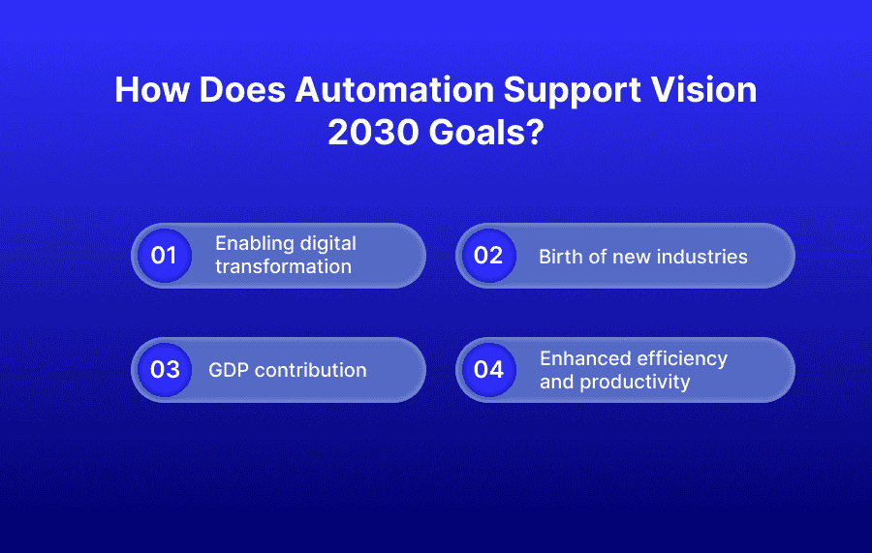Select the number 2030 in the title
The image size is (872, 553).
(x=373, y=133)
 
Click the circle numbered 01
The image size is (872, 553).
(x=164, y=256)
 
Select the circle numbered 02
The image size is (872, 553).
(x=488, y=256)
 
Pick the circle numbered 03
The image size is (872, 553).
(x=164, y=369)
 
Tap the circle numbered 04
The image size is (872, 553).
(x=488, y=369)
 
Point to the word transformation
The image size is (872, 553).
(x=283, y=266)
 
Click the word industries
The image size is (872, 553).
(x=701, y=257)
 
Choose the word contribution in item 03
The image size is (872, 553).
(x=312, y=370)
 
